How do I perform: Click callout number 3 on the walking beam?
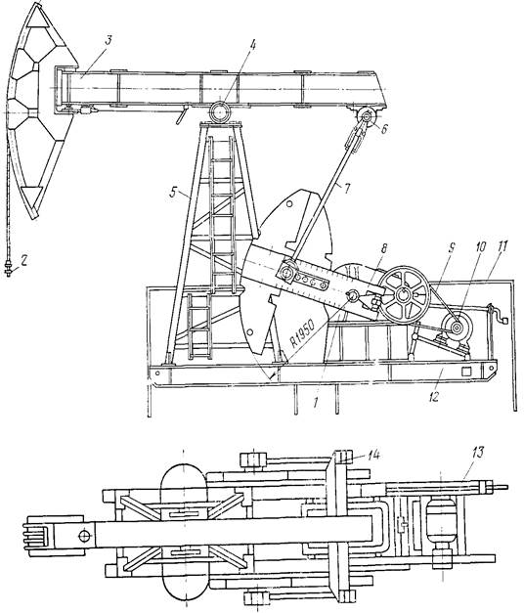point(109,41)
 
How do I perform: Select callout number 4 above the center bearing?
point(253,45)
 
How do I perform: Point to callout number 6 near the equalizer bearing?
point(384,129)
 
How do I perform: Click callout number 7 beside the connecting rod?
point(346,190)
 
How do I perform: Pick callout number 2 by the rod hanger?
point(23,261)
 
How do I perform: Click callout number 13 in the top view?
point(478,453)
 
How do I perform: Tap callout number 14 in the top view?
point(373,455)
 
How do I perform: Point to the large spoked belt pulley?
point(404,295)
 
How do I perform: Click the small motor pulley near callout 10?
point(457,327)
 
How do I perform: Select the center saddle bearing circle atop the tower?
point(220,111)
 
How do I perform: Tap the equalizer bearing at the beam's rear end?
point(368,116)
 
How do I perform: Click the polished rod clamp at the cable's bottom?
point(8,270)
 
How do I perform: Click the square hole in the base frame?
point(466,371)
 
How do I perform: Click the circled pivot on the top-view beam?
point(84,536)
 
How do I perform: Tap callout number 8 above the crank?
point(383,248)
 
